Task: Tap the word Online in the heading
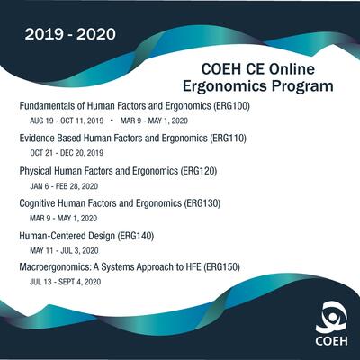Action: click(x=292, y=69)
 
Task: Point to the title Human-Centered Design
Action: click(x=67, y=236)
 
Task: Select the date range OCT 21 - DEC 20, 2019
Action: click(x=67, y=153)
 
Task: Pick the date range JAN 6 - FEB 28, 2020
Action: click(x=64, y=186)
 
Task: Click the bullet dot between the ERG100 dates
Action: click(x=112, y=121)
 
